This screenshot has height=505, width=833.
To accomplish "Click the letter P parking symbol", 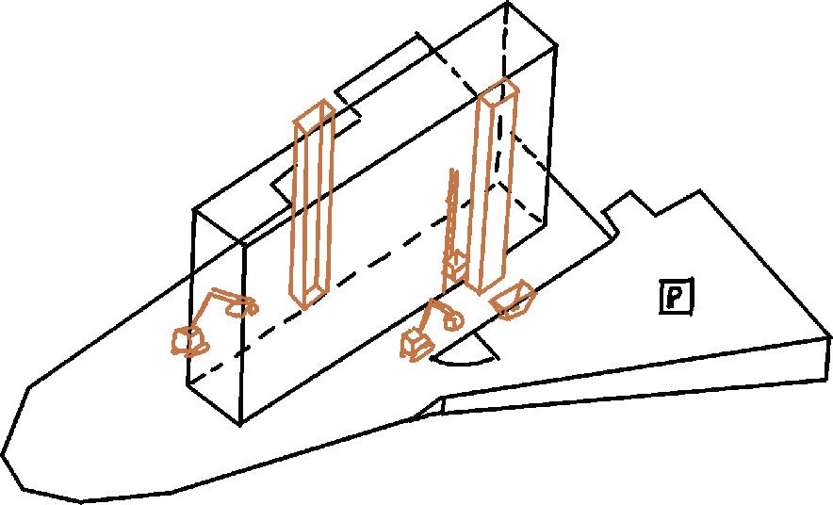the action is point(676,298).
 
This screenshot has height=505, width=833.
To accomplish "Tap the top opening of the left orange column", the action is point(314,114).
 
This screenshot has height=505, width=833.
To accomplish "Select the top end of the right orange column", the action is point(498,90).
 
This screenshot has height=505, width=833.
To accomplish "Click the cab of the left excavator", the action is point(188,340).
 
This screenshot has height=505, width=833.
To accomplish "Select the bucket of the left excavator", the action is point(248,307).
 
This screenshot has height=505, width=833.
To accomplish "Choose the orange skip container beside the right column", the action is point(513,300).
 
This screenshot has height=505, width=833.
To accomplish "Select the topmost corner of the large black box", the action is point(508,4).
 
